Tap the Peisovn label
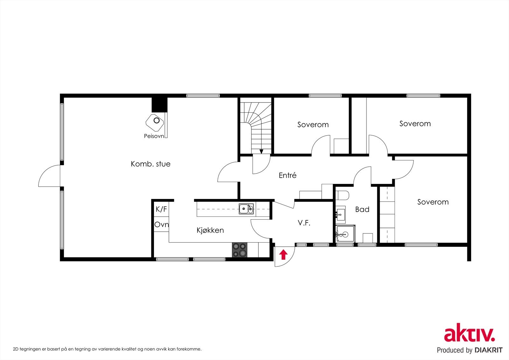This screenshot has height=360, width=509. [x=154, y=136]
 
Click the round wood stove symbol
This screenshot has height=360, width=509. [x=156, y=121]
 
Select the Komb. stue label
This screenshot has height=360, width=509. [x=150, y=164]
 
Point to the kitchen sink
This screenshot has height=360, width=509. [x=246, y=209]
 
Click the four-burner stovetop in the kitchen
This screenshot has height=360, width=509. [x=240, y=250]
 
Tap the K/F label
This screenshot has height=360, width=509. [x=161, y=209]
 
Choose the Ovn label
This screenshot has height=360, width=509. [x=161, y=224]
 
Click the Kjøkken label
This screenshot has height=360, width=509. [x=210, y=230]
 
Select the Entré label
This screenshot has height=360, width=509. [x=288, y=175]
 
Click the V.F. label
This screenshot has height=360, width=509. [x=304, y=223]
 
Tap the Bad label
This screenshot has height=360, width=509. [x=362, y=209]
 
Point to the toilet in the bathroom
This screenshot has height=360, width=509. [x=343, y=194]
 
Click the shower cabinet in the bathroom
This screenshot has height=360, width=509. [x=345, y=234]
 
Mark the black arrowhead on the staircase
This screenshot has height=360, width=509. [x=261, y=152]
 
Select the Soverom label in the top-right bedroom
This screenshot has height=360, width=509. [x=415, y=124]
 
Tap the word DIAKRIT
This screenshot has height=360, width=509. [x=488, y=350]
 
